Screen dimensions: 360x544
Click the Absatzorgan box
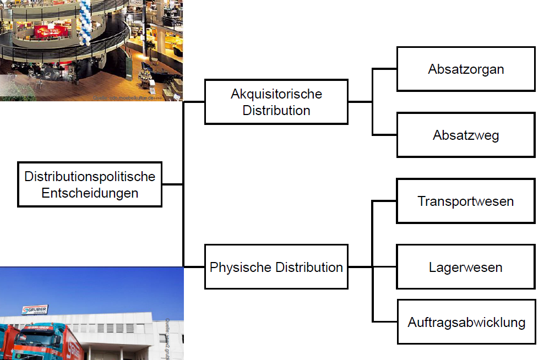click(x=466, y=69)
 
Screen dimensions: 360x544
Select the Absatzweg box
click(x=466, y=135)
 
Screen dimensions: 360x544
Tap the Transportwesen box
click(x=466, y=201)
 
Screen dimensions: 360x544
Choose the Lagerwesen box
click(x=466, y=267)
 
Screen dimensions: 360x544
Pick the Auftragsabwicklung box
click(x=466, y=322)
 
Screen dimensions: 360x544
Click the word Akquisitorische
click(x=276, y=94)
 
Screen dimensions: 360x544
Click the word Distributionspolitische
click(x=90, y=177)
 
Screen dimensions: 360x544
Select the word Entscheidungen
click(x=90, y=193)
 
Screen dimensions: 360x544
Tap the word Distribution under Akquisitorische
click(x=276, y=110)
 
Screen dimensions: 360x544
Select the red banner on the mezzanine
click(x=49, y=31)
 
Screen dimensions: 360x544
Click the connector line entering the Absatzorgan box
click(x=385, y=69)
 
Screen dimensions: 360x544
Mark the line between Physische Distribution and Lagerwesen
click(x=372, y=267)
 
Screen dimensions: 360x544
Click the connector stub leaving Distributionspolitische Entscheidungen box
click(x=172, y=184)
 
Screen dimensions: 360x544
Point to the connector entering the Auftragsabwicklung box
click(x=385, y=321)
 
